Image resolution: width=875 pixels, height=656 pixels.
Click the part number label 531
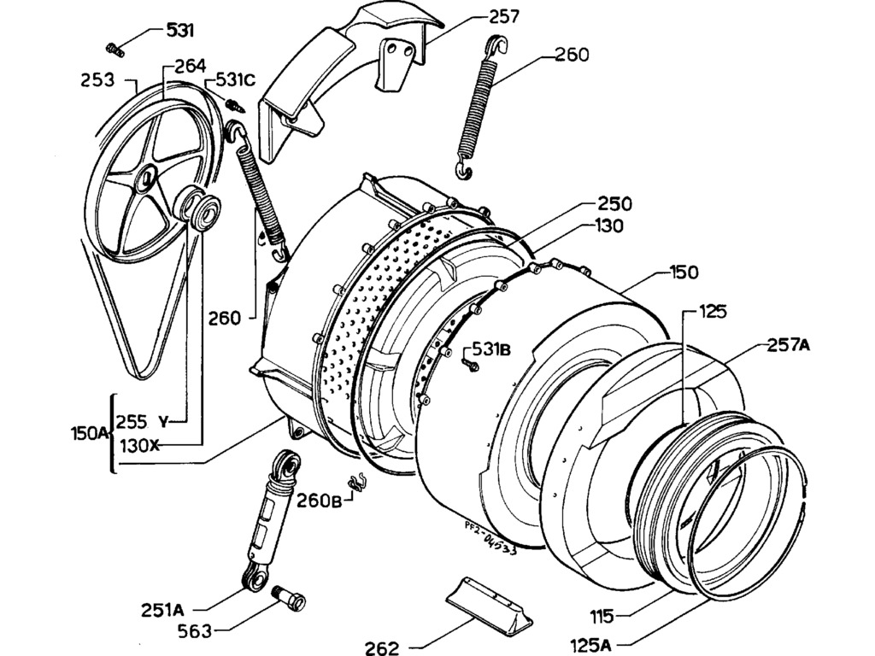180,31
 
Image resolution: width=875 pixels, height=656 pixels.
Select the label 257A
789,345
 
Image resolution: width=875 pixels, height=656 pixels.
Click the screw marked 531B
469,366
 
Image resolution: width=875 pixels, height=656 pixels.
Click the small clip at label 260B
358,483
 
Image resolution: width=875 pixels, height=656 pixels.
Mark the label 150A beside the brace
89,433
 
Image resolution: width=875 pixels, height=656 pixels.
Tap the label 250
615,204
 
